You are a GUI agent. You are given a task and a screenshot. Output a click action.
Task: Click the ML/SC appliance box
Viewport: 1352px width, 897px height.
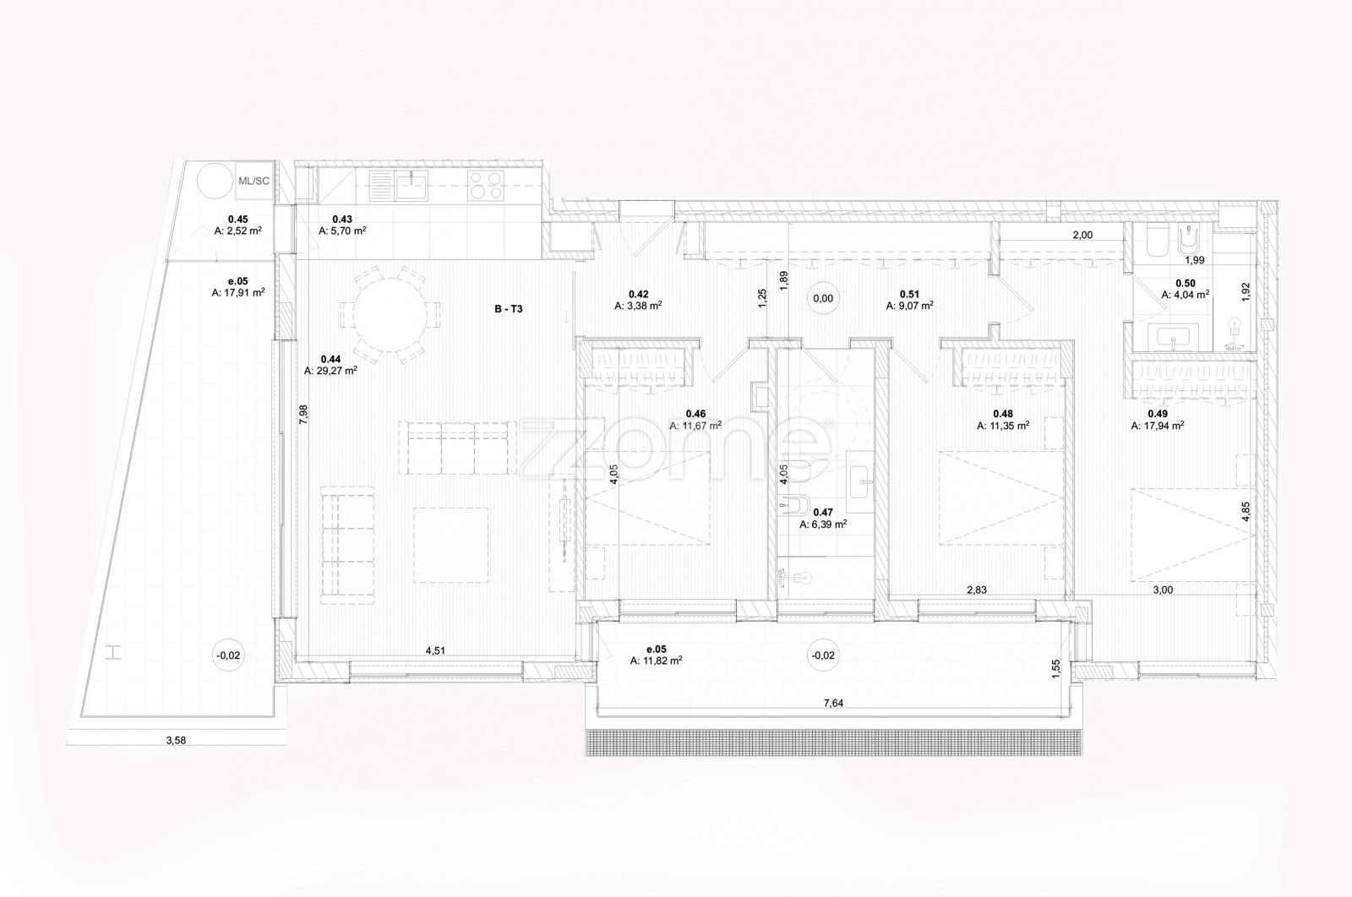point(254,181)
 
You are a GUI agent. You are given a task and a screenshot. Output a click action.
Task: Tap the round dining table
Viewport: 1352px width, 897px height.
point(390,314)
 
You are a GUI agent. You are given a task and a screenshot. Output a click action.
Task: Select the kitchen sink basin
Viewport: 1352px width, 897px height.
point(412,185)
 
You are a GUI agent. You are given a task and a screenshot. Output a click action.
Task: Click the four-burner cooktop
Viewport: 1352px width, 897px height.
point(485,185)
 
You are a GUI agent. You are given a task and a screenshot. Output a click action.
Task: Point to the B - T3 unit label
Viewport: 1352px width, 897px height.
point(508,309)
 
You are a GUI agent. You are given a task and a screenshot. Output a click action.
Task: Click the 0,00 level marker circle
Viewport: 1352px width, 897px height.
point(823,299)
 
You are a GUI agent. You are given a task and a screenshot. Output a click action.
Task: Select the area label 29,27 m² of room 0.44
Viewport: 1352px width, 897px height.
point(330,371)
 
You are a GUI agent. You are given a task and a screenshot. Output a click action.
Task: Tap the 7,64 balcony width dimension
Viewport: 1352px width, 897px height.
point(833,704)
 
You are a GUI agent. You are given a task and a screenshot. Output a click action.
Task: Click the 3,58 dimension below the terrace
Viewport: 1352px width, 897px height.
point(176,740)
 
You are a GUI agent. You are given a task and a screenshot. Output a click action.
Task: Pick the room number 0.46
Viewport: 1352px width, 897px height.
point(695,414)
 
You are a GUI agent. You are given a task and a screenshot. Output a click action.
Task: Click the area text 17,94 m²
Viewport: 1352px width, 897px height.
point(1157,426)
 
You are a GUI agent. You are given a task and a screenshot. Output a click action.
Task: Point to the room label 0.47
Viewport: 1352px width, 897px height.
point(823,513)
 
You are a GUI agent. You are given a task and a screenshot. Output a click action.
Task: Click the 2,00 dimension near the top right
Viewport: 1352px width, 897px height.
point(1082,236)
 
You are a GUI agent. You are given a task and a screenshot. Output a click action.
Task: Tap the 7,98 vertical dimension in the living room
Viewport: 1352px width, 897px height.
point(303,415)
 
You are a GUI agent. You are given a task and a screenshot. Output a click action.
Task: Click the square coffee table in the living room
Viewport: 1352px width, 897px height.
point(451,545)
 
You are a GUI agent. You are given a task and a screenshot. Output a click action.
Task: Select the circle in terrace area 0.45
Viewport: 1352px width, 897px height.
point(215,181)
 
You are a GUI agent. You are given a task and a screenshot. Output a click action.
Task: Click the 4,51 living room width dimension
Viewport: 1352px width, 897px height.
point(435,651)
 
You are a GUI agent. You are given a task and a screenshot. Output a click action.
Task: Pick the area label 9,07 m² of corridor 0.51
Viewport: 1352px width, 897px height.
point(909,306)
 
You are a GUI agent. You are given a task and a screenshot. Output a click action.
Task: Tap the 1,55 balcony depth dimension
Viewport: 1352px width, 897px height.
point(1055,668)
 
